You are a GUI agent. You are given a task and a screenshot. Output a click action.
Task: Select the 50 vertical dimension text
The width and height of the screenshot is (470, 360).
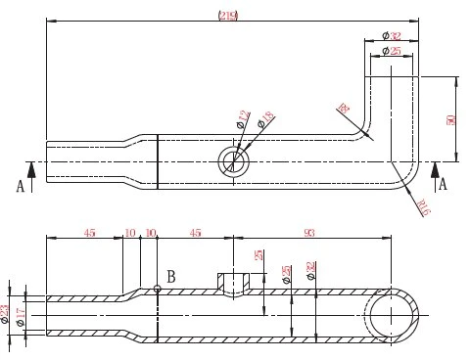[451, 118]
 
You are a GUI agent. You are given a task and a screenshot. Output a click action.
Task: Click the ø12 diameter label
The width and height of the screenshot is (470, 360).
[242, 120]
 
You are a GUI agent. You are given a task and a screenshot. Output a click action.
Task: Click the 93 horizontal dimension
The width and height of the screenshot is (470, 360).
[310, 233]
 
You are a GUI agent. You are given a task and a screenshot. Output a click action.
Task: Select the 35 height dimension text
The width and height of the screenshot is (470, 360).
[258, 256]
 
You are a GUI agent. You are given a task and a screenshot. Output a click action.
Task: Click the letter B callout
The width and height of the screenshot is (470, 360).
[170, 277]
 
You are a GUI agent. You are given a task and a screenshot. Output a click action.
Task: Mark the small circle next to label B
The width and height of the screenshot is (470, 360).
[158, 288]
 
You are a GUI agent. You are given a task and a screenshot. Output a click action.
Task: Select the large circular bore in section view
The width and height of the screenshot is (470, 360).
[395, 316]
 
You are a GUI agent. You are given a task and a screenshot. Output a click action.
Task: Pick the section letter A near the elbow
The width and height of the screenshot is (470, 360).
[444, 183]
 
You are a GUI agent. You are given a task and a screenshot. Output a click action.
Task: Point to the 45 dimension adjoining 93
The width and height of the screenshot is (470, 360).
[195, 233]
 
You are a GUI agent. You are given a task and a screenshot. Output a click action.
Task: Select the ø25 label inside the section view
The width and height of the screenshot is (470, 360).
[286, 275]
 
